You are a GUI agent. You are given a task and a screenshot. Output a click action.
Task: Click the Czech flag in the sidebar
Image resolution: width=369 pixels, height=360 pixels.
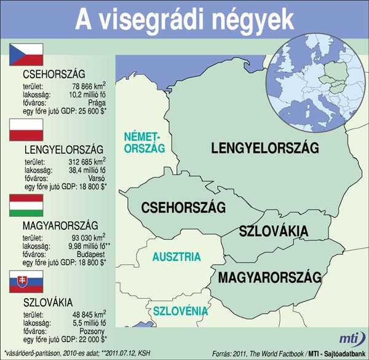[26, 54]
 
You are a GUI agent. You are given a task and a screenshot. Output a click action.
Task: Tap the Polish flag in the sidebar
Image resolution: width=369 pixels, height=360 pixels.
[26, 130]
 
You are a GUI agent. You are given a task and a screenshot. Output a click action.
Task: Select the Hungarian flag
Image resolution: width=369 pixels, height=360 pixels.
[26, 205]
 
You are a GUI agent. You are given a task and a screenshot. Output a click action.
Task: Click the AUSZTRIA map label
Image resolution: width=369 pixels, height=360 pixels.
[177, 256]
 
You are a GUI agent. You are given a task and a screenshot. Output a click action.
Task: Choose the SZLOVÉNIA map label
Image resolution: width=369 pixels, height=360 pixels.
[180, 310]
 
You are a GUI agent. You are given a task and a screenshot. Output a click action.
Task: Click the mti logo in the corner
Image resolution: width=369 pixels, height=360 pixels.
[350, 338]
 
